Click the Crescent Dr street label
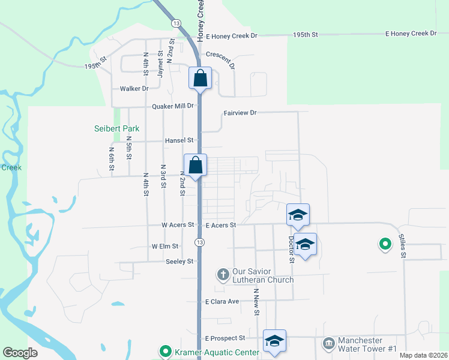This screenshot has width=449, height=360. [x=220, y=54]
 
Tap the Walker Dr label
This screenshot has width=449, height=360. [x=134, y=89]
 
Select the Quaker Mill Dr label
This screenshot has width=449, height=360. [x=173, y=106]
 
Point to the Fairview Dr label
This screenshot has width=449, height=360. [x=240, y=113]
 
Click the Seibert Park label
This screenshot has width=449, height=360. [x=116, y=128]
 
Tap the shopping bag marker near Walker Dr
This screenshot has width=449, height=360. [x=200, y=79]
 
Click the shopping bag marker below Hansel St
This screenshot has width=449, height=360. [x=195, y=165]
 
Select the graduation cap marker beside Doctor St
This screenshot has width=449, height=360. [x=305, y=244]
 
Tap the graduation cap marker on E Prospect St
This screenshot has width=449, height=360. [x=274, y=341]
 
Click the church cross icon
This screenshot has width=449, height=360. [x=223, y=275]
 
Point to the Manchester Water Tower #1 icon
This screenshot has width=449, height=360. [x=328, y=344]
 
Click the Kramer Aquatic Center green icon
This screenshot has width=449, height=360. [x=164, y=351]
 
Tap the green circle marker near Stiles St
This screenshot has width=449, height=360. [x=384, y=244]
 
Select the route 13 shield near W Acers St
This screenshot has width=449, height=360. [x=199, y=242]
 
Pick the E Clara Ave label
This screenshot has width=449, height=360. [x=222, y=301]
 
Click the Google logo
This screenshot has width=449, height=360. [x=20, y=353]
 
